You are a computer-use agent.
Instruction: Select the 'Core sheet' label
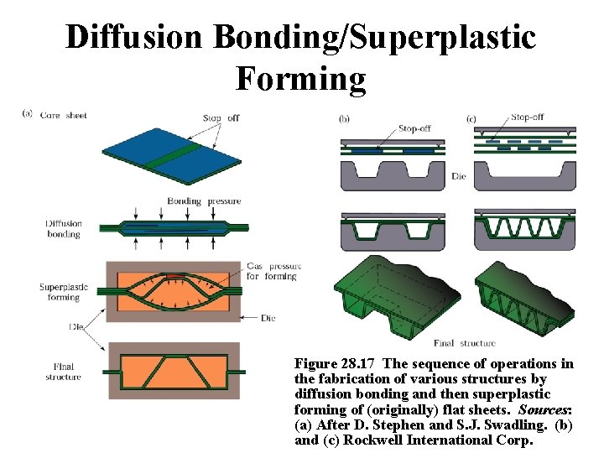point(64,116)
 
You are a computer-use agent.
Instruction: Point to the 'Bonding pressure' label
point(204,201)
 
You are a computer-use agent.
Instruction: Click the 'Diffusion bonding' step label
point(64,228)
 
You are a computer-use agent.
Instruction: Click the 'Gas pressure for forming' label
point(273,271)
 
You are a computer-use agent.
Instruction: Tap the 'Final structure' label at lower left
point(64,372)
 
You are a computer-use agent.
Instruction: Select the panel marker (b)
point(344,119)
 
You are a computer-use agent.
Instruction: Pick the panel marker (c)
point(471,119)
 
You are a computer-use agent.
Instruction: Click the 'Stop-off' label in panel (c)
point(528,118)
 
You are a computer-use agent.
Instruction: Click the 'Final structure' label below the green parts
point(465,343)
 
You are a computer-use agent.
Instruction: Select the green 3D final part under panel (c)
point(523,302)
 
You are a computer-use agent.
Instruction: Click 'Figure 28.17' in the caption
point(336,364)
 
